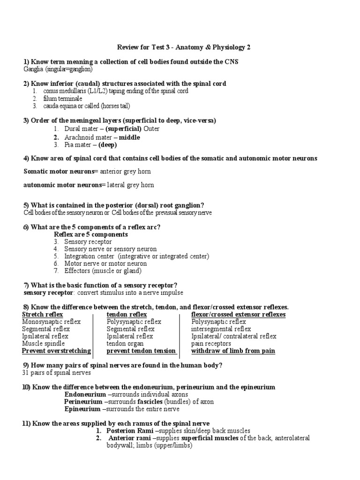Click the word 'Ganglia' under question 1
(x=33, y=69)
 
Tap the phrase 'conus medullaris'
(x=66, y=91)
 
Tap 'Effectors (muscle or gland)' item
(x=103, y=270)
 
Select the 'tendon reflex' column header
(x=127, y=314)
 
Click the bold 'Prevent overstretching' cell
(x=56, y=351)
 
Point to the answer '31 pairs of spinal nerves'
(x=57, y=373)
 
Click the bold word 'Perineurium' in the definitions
(x=82, y=402)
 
